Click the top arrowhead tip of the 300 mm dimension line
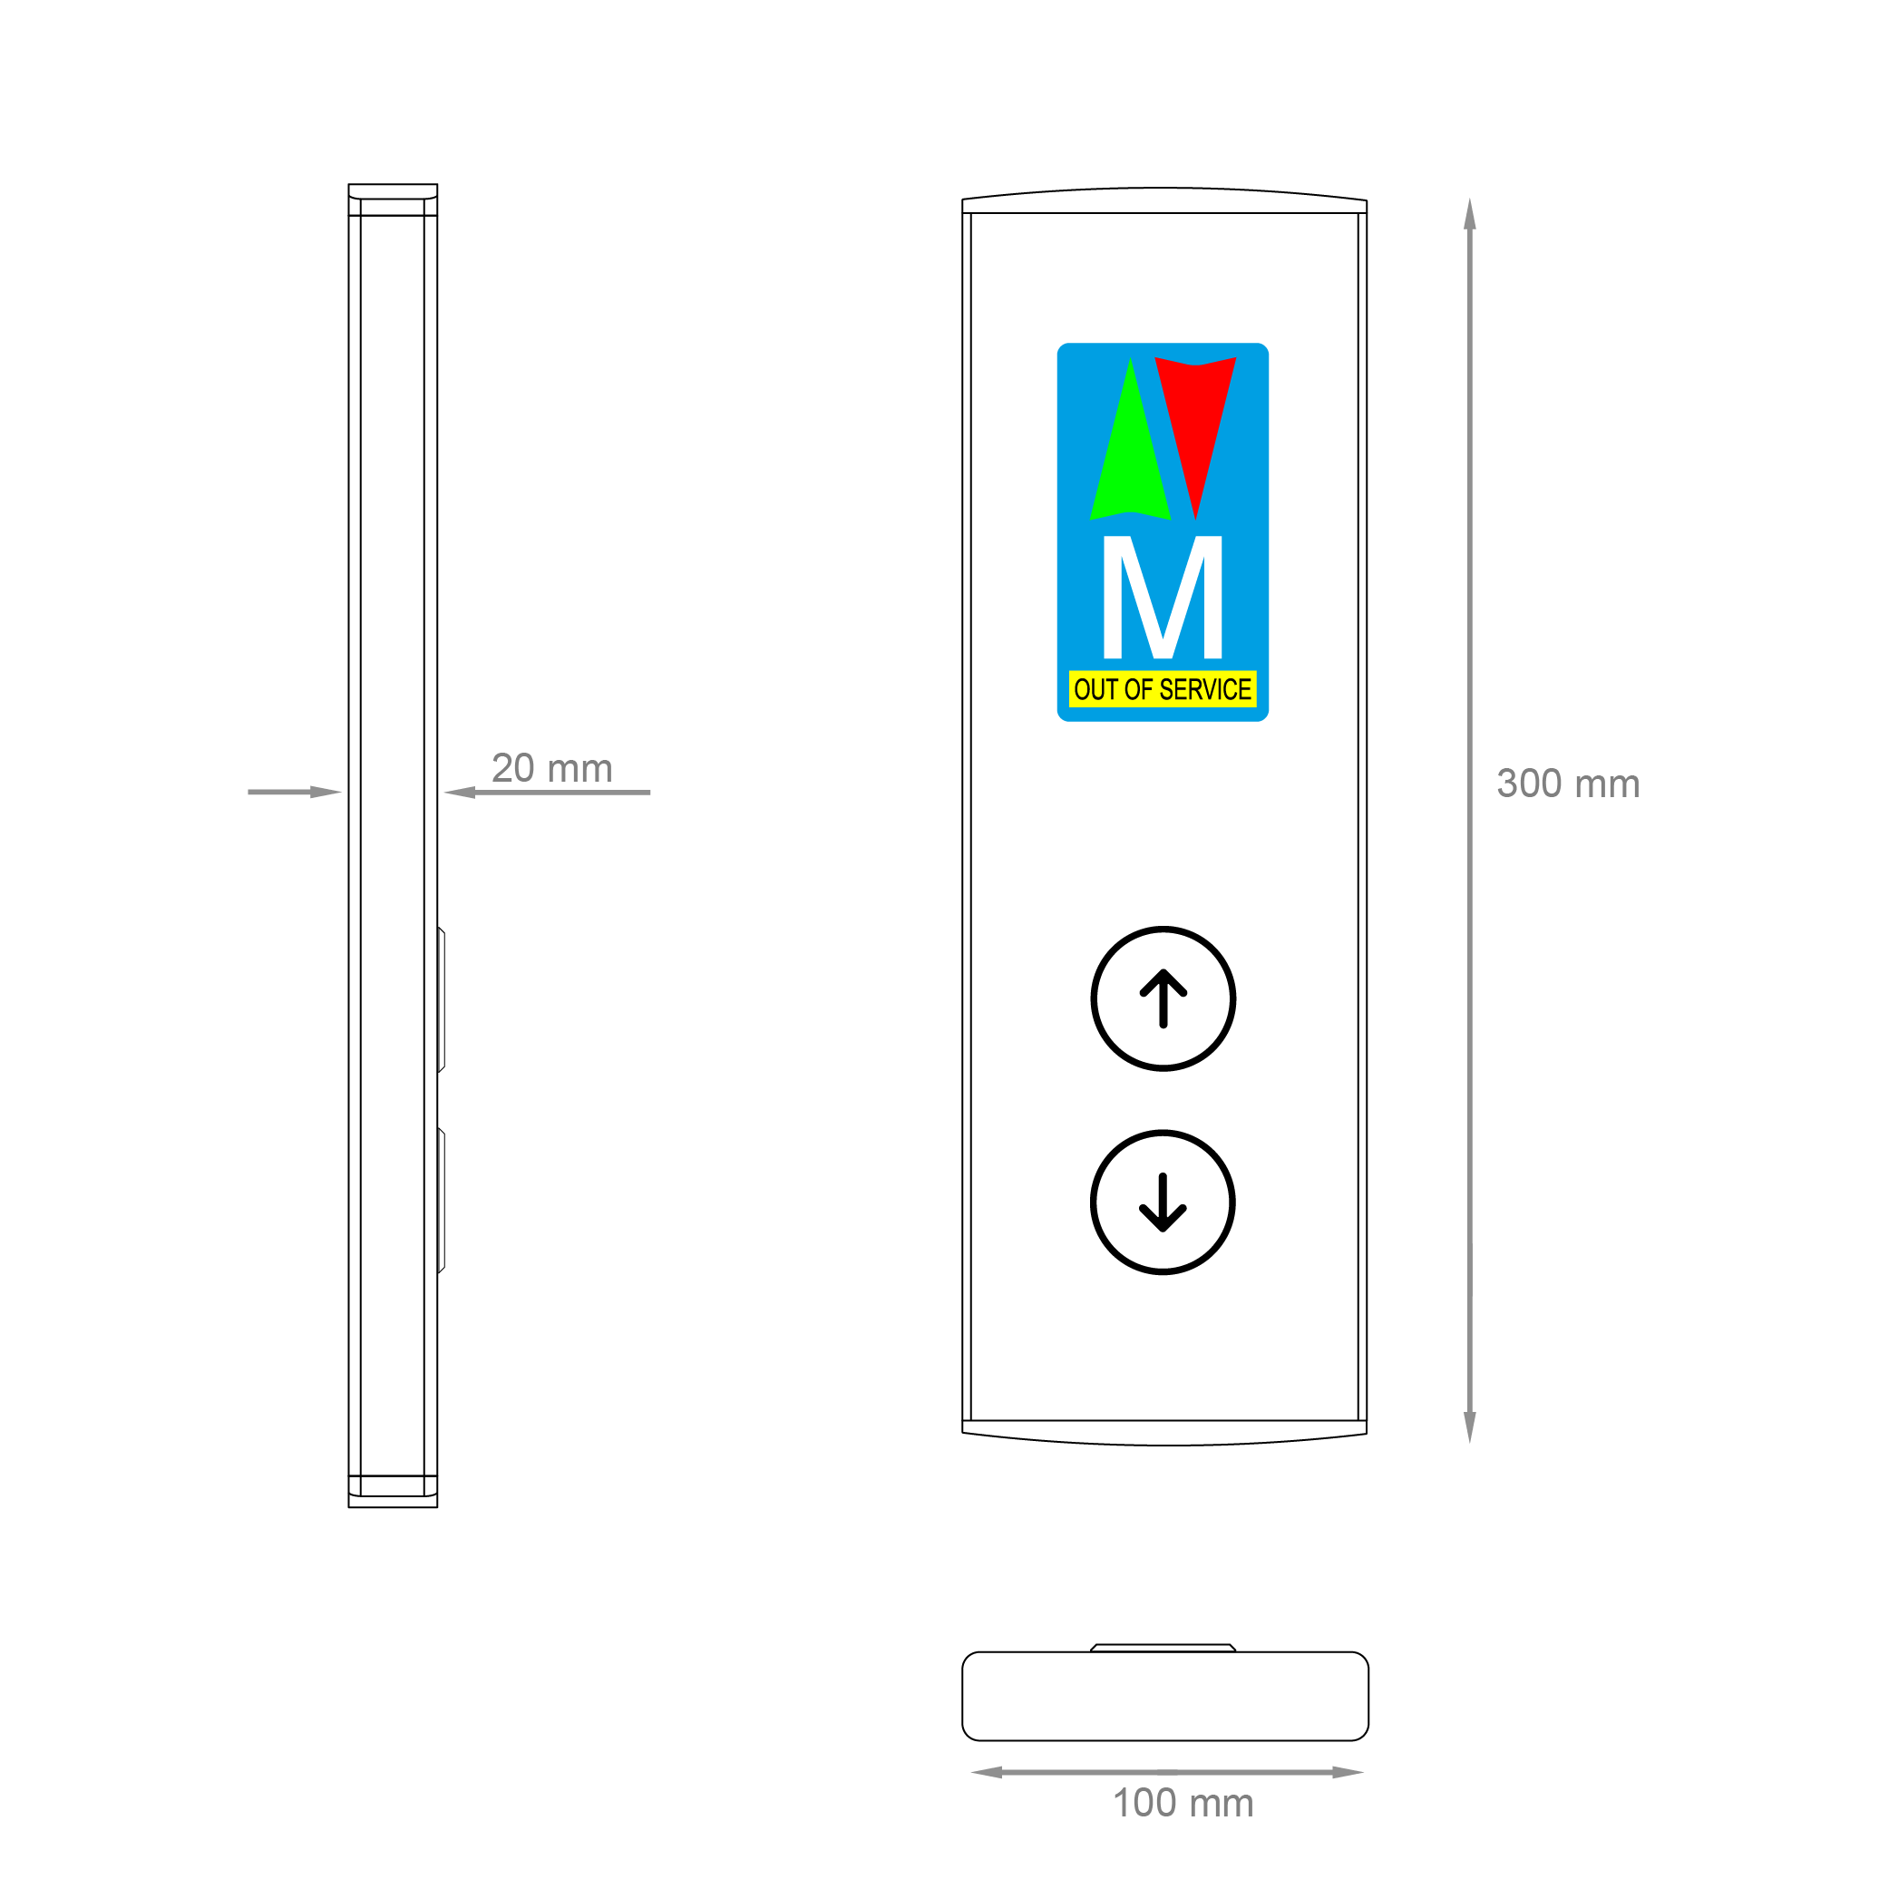(x=1469, y=199)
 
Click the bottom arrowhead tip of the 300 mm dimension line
(x=1469, y=1442)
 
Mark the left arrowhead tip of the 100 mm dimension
(x=970, y=1772)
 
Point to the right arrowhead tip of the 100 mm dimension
(x=1365, y=1772)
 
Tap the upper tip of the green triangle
(x=1130, y=357)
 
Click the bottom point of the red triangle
(x=1195, y=521)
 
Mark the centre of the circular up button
(x=1163, y=998)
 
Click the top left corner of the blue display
(x=1057, y=344)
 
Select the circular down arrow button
(x=1163, y=1202)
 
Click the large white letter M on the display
(x=1163, y=597)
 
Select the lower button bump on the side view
(x=442, y=1201)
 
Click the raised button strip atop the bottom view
(x=1163, y=1648)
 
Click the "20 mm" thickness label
(x=552, y=768)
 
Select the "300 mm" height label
(x=1569, y=784)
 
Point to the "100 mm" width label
(x=1183, y=1803)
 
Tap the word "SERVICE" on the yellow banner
(x=1206, y=689)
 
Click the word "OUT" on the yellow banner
(x=1097, y=689)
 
